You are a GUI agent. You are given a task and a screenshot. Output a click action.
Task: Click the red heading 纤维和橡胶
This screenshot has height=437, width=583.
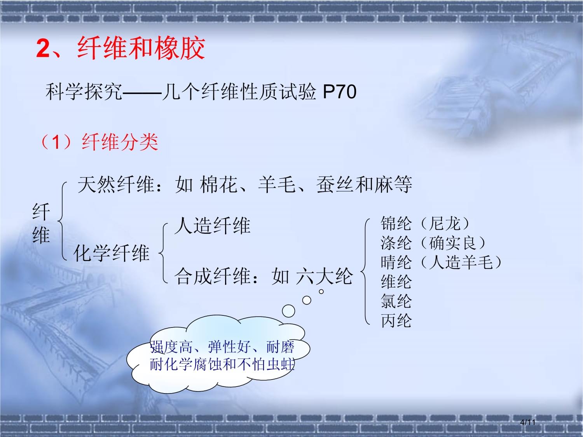(x=141, y=48)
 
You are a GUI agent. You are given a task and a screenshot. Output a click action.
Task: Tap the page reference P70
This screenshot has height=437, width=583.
(x=339, y=92)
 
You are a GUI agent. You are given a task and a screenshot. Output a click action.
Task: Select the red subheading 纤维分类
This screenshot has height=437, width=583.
(x=120, y=142)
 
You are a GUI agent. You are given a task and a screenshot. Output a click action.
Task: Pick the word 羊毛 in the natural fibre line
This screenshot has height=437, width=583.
(x=276, y=185)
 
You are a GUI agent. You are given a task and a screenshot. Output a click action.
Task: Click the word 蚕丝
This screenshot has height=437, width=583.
(x=335, y=185)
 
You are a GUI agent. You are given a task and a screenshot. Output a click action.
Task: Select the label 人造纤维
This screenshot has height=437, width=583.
(x=213, y=226)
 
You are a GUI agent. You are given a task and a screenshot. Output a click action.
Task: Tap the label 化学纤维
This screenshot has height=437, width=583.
(x=111, y=253)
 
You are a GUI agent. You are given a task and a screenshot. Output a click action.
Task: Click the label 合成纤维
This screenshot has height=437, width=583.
(x=213, y=276)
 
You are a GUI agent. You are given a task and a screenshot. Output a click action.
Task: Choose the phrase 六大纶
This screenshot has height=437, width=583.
(x=324, y=276)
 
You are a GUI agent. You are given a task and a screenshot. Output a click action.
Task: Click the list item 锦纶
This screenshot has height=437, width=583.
(x=396, y=223)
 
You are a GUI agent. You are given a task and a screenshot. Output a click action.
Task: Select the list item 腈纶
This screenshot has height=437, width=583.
(x=396, y=262)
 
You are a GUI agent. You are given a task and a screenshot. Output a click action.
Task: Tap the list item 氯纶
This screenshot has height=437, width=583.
(x=396, y=301)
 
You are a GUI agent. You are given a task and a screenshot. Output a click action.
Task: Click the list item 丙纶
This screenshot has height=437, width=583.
(x=396, y=320)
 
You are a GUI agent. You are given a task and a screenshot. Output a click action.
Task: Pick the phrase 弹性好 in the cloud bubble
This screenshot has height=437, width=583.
(x=229, y=347)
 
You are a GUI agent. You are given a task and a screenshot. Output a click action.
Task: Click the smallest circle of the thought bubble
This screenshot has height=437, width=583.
(x=321, y=292)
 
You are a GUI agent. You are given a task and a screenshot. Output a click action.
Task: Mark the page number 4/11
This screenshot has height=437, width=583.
(x=528, y=422)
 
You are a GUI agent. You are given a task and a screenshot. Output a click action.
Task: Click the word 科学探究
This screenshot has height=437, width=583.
(x=84, y=92)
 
